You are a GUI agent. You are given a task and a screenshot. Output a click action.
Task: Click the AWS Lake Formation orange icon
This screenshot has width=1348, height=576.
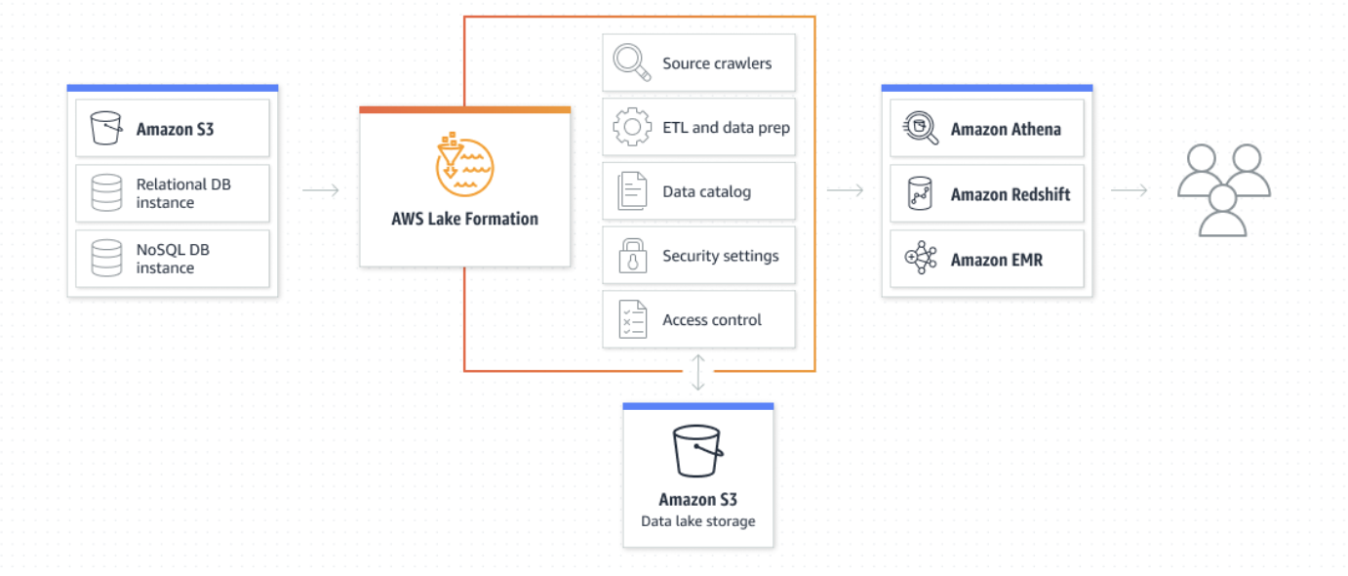click(x=464, y=167)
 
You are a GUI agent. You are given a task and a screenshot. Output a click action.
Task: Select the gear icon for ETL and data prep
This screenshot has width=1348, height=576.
click(x=632, y=127)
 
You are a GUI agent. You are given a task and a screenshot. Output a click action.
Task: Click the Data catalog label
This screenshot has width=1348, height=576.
click(x=706, y=191)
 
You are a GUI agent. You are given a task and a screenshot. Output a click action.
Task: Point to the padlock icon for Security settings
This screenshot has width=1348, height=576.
click(x=632, y=256)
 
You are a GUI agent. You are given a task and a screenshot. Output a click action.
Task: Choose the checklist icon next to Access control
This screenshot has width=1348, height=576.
click(x=632, y=319)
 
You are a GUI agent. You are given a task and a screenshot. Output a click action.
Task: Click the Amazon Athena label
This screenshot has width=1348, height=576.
click(x=1005, y=129)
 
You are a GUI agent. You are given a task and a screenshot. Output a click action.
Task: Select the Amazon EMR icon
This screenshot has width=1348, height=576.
click(x=920, y=259)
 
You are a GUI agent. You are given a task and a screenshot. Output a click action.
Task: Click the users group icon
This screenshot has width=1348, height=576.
click(x=1223, y=189)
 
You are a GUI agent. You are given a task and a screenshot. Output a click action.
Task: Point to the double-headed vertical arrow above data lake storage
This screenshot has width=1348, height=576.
click(x=697, y=373)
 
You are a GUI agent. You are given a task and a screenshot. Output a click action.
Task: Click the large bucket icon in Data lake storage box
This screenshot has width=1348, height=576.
click(x=697, y=451)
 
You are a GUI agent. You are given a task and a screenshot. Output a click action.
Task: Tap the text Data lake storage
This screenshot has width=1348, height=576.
click(x=697, y=521)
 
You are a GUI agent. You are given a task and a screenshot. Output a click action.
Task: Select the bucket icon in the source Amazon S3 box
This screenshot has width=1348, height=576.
click(x=105, y=128)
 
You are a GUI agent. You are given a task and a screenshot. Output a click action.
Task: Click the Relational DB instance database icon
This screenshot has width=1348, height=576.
click(x=106, y=193)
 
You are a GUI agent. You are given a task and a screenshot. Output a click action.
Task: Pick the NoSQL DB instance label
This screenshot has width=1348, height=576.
click(x=173, y=259)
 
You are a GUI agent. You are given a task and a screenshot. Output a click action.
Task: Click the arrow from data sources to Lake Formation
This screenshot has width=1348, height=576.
click(x=320, y=190)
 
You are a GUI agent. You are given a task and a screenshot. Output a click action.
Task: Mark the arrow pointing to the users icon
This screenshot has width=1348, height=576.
click(x=1129, y=190)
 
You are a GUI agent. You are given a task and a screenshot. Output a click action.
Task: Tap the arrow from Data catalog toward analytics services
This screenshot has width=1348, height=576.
click(x=845, y=190)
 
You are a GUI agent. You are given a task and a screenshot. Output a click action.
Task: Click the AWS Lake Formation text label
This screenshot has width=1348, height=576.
click(x=464, y=219)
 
